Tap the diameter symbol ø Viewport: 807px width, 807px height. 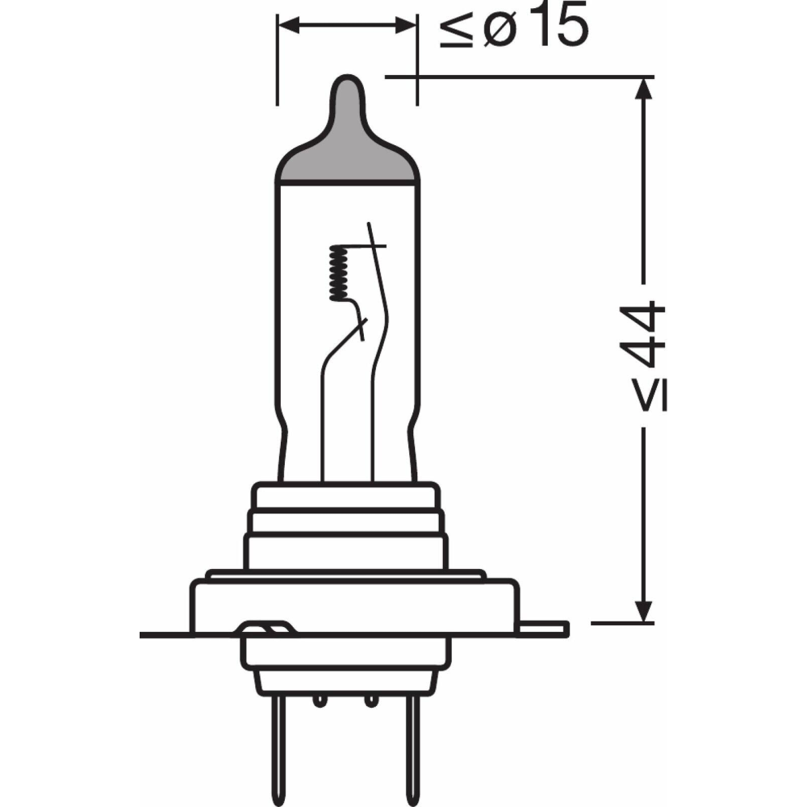(499, 31)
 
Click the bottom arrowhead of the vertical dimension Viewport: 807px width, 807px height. (643, 612)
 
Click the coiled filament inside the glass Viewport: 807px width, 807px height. (337, 272)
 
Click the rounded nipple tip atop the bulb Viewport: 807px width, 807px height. (347, 89)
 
